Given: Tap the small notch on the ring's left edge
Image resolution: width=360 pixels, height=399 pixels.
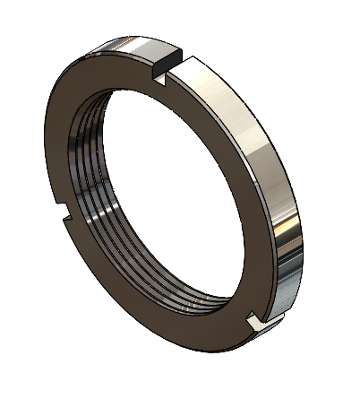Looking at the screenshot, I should tap(64, 213).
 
